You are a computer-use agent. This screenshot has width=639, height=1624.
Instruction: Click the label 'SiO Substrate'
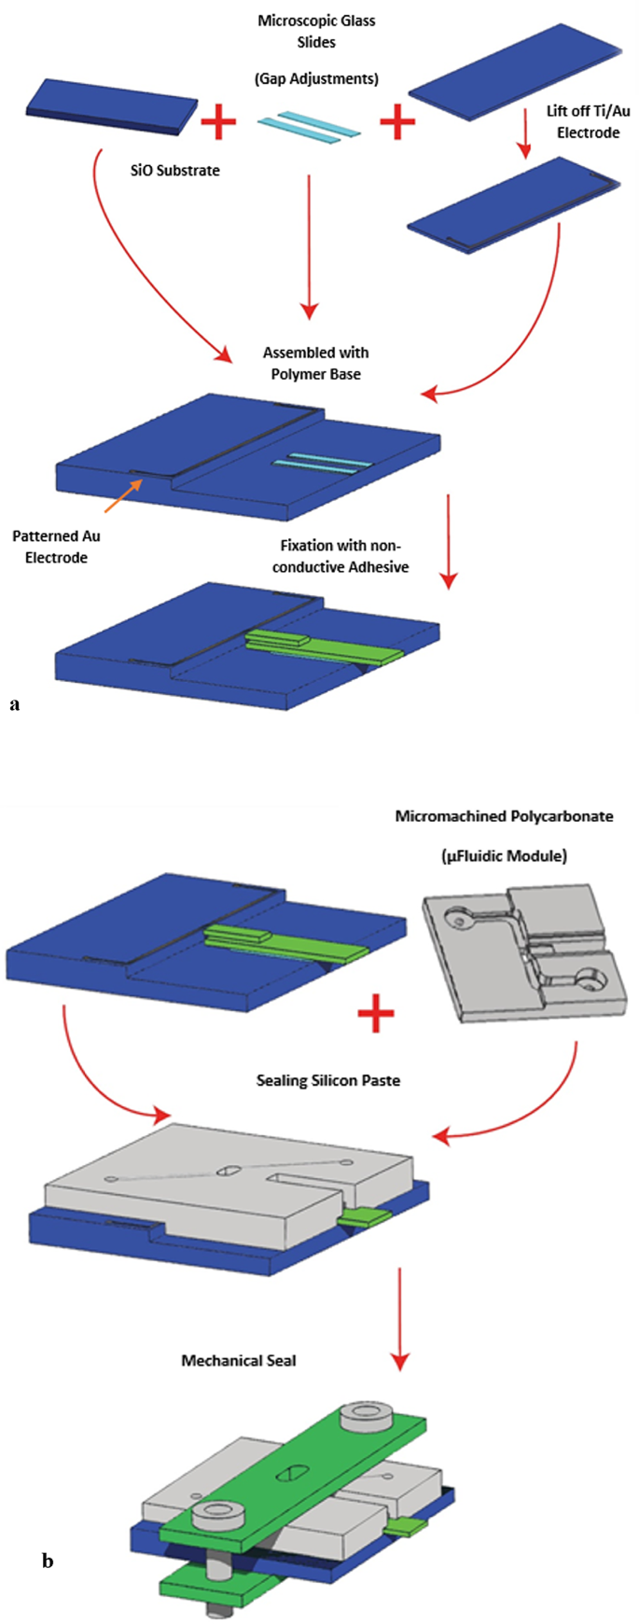(x=174, y=171)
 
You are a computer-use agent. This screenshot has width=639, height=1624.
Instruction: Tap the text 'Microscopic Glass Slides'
(x=316, y=32)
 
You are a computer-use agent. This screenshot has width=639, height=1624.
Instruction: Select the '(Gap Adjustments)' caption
(x=316, y=78)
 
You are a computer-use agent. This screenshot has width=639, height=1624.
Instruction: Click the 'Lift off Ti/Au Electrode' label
(x=588, y=121)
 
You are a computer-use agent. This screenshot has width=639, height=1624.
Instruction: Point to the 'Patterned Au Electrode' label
(x=56, y=547)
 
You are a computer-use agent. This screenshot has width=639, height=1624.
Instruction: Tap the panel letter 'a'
(x=14, y=704)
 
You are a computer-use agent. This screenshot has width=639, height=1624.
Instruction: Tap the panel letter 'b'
(x=48, y=1560)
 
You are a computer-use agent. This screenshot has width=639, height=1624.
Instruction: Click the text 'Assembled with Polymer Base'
(x=315, y=363)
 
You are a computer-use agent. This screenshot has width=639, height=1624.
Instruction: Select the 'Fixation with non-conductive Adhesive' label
(x=340, y=556)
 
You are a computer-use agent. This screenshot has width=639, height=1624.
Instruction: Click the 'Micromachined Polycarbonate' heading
(x=504, y=816)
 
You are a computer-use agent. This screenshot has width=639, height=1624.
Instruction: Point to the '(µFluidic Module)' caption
(x=504, y=855)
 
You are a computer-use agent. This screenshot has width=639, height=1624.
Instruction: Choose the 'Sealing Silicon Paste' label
(x=328, y=1080)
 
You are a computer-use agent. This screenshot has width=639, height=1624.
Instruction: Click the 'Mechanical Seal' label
(x=239, y=1360)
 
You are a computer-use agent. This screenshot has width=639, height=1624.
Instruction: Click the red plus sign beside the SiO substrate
(x=219, y=122)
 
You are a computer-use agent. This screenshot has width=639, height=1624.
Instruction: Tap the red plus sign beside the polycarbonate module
(x=376, y=1014)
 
